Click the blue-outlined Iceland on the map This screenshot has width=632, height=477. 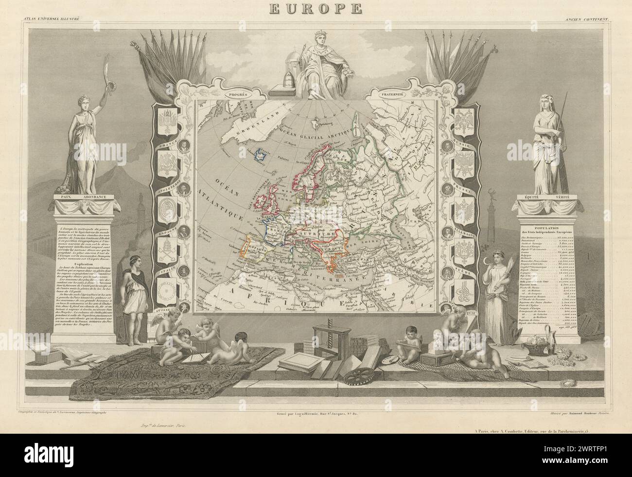[263, 155]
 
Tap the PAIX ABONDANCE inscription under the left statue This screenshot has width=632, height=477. [82, 197]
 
